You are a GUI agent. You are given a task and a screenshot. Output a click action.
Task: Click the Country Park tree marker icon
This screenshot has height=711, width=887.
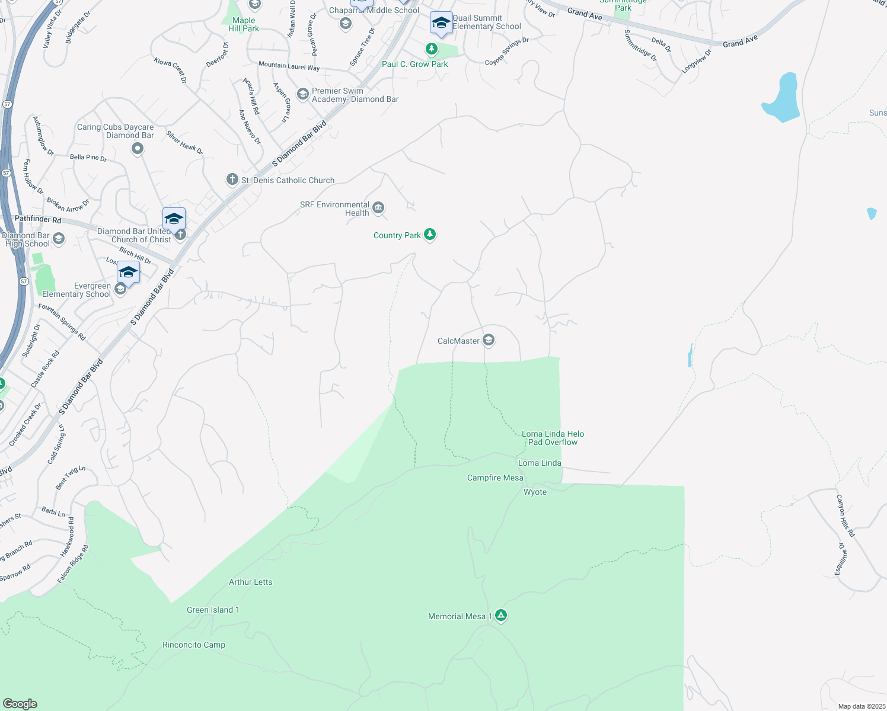(430, 235)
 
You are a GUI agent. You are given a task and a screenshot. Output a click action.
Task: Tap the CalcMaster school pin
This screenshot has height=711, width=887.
(489, 340)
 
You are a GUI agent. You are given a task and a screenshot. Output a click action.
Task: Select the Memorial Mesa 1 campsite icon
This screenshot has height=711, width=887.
(501, 616)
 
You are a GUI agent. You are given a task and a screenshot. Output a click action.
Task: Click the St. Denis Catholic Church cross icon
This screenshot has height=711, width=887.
(232, 180)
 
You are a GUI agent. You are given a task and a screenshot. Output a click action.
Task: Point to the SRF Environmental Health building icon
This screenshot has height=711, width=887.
(378, 208)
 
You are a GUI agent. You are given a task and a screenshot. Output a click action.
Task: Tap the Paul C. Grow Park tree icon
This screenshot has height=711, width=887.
(432, 49)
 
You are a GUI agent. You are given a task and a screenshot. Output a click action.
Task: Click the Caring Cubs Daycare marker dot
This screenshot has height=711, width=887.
(138, 148)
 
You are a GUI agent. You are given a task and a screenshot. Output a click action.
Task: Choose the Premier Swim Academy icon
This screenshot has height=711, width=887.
(303, 94)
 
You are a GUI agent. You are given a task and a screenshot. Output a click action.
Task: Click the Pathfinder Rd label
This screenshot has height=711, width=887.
(38, 219)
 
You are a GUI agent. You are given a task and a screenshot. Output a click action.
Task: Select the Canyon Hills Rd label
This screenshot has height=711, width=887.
(845, 515)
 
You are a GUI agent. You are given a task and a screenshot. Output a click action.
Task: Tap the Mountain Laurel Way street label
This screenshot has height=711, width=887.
(289, 66)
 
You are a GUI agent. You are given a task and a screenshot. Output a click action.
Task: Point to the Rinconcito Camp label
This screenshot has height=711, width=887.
(194, 645)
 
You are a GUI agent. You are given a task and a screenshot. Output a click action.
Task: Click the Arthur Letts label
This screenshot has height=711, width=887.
(251, 582)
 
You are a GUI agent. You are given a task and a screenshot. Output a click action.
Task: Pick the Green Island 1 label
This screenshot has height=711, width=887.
(213, 610)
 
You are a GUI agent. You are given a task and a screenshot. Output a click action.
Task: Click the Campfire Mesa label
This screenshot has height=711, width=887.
(495, 478)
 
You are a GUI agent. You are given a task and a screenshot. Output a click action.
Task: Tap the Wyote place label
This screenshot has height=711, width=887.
(535, 492)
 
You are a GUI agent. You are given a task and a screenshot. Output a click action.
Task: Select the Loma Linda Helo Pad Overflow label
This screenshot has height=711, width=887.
(553, 438)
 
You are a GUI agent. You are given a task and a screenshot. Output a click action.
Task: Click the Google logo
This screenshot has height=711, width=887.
(20, 704)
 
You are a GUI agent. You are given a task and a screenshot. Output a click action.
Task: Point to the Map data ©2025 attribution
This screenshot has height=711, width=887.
(860, 706)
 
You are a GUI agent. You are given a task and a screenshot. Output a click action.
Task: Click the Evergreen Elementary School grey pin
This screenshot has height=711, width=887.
(120, 289)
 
